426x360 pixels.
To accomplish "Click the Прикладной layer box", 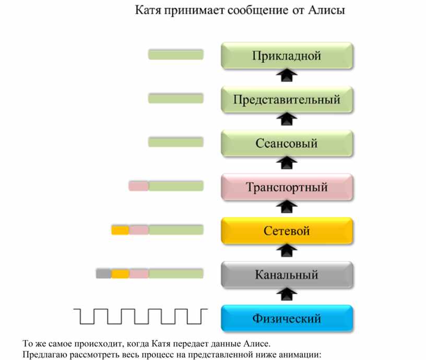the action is tap(287, 55).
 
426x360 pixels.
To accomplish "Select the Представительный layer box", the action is tap(287, 99).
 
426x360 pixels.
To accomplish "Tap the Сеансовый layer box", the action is tap(287, 143).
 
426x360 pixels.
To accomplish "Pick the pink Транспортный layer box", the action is tap(287, 187).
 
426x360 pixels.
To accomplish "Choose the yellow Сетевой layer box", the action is tap(287, 231).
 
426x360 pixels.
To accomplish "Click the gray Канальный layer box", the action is tap(287, 275).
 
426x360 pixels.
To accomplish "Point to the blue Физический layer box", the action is tap(287, 318).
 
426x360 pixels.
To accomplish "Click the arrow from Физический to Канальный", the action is tap(287, 294).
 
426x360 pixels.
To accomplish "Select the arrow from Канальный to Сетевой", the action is tap(287, 250).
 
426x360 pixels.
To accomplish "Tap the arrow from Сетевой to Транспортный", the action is tap(287, 207).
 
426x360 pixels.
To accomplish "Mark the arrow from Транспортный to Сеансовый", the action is tap(287, 163).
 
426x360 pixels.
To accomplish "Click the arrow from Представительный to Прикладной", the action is tap(287, 75).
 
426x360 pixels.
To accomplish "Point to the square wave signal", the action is tap(140, 316).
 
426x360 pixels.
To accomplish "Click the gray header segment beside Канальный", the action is tap(103, 273).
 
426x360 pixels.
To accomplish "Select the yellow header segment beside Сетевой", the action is tap(120, 230).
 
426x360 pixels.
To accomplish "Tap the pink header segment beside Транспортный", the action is tap(138, 186).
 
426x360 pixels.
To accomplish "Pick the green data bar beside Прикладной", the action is tap(176, 54).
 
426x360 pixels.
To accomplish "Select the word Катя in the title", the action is tap(148, 10).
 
